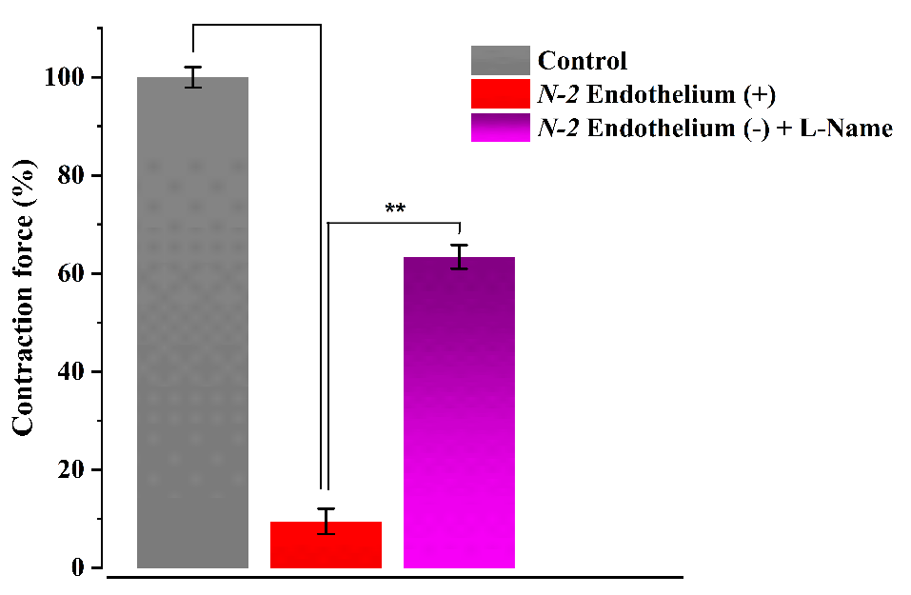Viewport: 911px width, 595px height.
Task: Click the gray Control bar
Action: (192, 324)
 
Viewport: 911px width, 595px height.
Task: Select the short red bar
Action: (326, 545)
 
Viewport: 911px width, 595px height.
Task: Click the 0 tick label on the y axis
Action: (81, 567)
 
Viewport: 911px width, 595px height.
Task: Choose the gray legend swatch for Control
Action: (500, 61)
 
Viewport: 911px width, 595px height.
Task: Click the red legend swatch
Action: (500, 94)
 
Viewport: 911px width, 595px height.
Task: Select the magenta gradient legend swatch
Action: (500, 128)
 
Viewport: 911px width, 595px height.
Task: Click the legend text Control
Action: (583, 62)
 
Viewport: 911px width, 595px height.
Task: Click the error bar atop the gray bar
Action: (193, 77)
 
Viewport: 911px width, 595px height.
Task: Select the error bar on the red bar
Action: (326, 521)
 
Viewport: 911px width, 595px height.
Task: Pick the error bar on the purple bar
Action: (460, 257)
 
